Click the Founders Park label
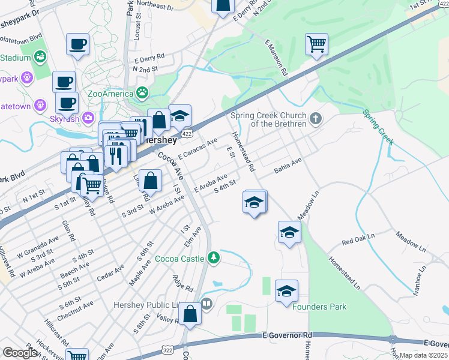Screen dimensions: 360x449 (x=319, y=307)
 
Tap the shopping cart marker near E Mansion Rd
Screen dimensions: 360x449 (x=316, y=44)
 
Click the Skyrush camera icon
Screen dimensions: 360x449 (x=89, y=118)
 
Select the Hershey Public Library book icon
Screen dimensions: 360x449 (x=207, y=304)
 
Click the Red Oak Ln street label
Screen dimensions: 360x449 (x=357, y=242)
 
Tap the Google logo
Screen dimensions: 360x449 (x=20, y=353)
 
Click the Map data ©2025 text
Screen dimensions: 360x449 (x=423, y=355)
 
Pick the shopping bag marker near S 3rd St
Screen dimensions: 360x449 (x=152, y=179)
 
